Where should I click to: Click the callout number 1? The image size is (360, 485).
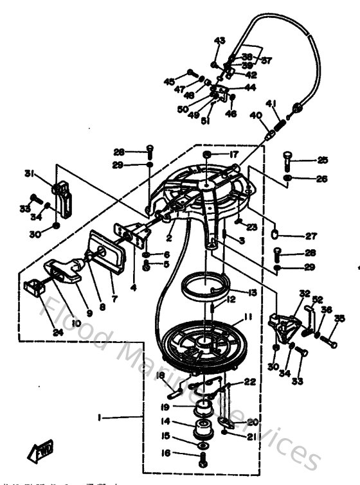(x=100, y=418)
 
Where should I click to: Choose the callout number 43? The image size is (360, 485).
(x=220, y=40)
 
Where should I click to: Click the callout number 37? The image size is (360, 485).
(x=265, y=60)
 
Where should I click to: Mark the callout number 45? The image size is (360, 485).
(x=169, y=82)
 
